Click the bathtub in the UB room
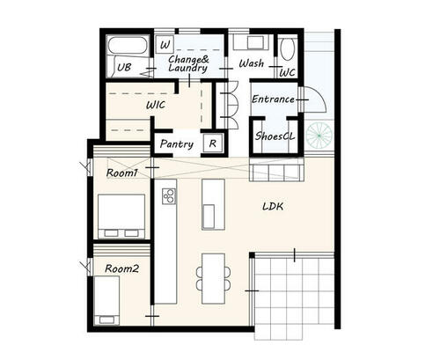coord(128,45)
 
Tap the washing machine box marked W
coord(165,45)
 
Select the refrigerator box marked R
coord(213,143)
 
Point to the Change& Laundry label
coord(188,63)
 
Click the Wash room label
coord(251,63)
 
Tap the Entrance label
coord(273,99)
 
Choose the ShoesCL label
coord(275,136)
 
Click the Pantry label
coord(177,144)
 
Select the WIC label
coord(156,105)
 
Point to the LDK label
coord(273,207)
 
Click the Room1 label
coord(121,173)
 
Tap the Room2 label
coord(121,268)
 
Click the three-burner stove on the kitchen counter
coord(169,196)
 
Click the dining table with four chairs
coord(213,278)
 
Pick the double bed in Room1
coord(121,216)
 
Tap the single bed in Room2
coord(106,300)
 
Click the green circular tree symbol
coord(319,136)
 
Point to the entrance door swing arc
coord(321,97)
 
